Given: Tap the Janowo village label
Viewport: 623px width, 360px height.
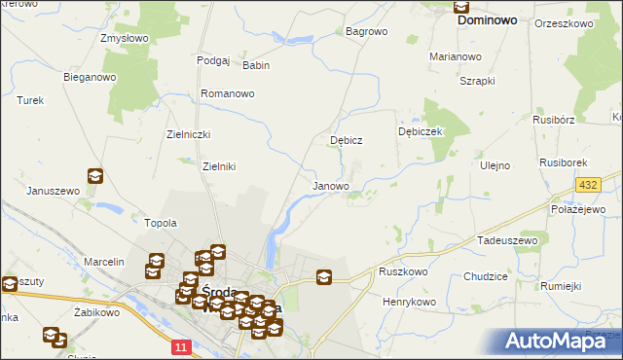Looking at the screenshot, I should pos(331,186).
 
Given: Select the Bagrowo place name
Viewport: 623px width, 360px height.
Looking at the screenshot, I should pos(367,31).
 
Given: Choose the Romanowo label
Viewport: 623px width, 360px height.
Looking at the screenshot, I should pos(227,93).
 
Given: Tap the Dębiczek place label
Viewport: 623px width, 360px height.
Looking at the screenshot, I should pos(421,131).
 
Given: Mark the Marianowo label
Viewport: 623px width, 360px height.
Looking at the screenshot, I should pos(457,56).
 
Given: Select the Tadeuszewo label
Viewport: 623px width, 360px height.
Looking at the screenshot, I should pos(507,239).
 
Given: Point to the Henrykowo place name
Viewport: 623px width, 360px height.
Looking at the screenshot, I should pos(409,303).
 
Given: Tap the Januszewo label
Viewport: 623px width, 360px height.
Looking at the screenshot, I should pos(53,191).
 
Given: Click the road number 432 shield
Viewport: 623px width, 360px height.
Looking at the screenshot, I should pos(587,185).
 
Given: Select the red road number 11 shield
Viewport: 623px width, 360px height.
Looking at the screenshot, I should pos(180,345).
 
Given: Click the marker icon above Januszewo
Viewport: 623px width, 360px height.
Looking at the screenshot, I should pos(94,176).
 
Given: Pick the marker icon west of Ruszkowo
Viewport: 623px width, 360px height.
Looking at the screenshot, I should pos(324,277).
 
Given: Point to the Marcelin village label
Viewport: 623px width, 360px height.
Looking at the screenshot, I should pos(104,263).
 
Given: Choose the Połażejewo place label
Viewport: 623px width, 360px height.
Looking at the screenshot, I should pos(579,210).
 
